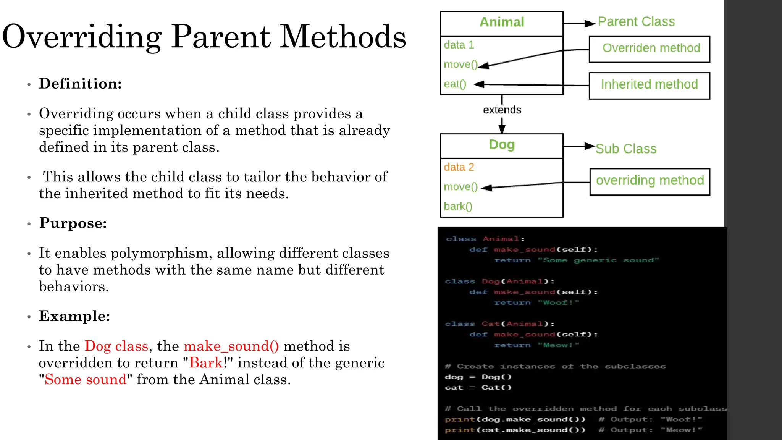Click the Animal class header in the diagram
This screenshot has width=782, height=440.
coord(501,23)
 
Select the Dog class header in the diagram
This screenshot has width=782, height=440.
coord(501,145)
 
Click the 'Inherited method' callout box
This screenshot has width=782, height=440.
coord(649,85)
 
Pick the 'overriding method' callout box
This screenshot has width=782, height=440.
coord(650,181)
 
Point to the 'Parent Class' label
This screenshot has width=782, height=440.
coord(636,22)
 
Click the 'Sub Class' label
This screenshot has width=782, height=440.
coord(626,149)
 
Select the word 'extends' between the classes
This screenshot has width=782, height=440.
coord(502,110)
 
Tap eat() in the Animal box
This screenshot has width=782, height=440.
coord(455,84)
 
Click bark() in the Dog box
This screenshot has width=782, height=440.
coord(458,206)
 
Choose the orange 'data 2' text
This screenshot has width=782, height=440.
coord(459,167)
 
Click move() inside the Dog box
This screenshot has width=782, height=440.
coord(460,187)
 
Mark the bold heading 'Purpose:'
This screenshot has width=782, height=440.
coord(73,223)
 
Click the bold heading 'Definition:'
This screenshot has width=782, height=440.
coord(80,84)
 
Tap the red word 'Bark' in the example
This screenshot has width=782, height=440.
coord(206,363)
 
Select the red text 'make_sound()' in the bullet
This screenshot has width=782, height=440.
coord(231,346)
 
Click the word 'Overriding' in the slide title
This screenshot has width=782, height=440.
coord(82,37)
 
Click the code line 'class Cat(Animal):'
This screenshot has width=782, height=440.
coord(499,324)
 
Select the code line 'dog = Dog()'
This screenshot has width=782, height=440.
coord(478,377)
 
